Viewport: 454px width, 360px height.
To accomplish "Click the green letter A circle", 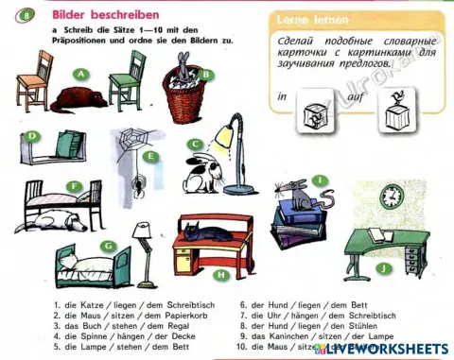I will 82,73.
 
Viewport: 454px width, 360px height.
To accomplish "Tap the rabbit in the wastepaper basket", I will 185,64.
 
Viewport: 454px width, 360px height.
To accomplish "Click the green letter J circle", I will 381,268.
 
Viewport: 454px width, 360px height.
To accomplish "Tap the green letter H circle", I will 221,275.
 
